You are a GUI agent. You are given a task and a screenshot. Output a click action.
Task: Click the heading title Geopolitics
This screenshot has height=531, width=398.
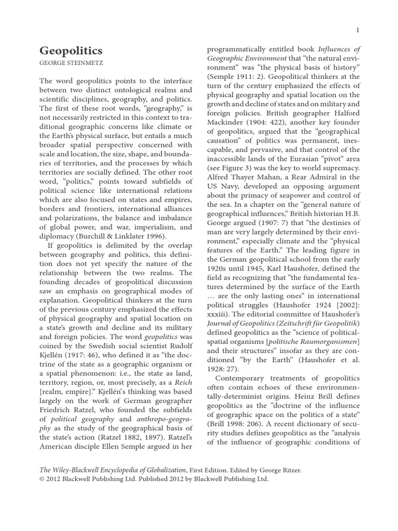[x=71, y=51]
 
